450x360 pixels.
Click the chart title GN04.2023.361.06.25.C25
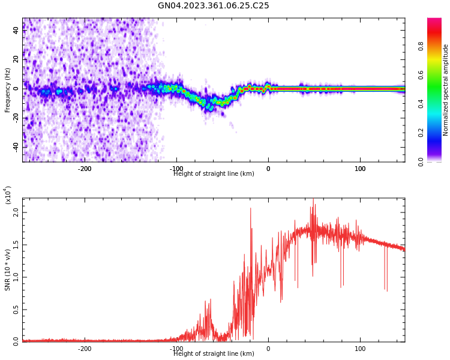tap(213, 6)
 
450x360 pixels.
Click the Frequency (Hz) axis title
tap(8, 90)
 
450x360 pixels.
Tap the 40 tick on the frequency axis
tap(16, 30)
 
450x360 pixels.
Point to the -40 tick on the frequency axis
tap(15, 146)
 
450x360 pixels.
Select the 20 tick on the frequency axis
tap(16, 59)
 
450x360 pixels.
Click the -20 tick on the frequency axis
tap(15, 118)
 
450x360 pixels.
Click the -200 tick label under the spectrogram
tap(85, 169)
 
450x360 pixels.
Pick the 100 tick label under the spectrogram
tap(360, 169)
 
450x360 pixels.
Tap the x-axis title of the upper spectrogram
tap(214, 174)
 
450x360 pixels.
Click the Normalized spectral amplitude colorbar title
tap(446, 90)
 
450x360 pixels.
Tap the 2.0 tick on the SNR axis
tap(16, 213)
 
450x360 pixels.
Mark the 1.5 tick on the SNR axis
tap(16, 245)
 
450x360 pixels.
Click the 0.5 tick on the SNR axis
tap(16, 310)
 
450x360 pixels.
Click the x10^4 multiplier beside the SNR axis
tap(8, 195)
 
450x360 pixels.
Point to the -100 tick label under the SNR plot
tap(176, 349)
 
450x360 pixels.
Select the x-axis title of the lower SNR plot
tap(214, 354)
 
